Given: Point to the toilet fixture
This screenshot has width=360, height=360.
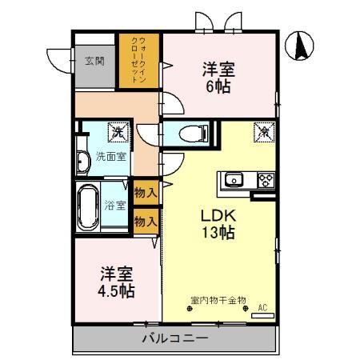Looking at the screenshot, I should [191, 134].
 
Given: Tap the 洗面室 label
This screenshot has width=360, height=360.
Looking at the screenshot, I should [111, 156].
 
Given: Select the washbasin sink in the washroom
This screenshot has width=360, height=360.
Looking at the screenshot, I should [83, 162].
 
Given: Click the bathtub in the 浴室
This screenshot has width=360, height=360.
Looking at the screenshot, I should [87, 206].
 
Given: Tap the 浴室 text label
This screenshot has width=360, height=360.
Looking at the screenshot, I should [115, 206].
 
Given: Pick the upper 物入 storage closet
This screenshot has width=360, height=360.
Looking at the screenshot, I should [145, 193].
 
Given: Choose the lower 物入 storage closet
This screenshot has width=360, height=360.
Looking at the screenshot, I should [145, 222].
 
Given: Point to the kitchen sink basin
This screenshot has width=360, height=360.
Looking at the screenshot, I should [234, 179].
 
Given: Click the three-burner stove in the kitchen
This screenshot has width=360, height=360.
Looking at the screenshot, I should [266, 179].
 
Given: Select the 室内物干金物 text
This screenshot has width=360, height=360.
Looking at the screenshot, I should [218, 302].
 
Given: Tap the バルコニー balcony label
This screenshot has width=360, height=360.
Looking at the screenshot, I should [175, 338].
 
